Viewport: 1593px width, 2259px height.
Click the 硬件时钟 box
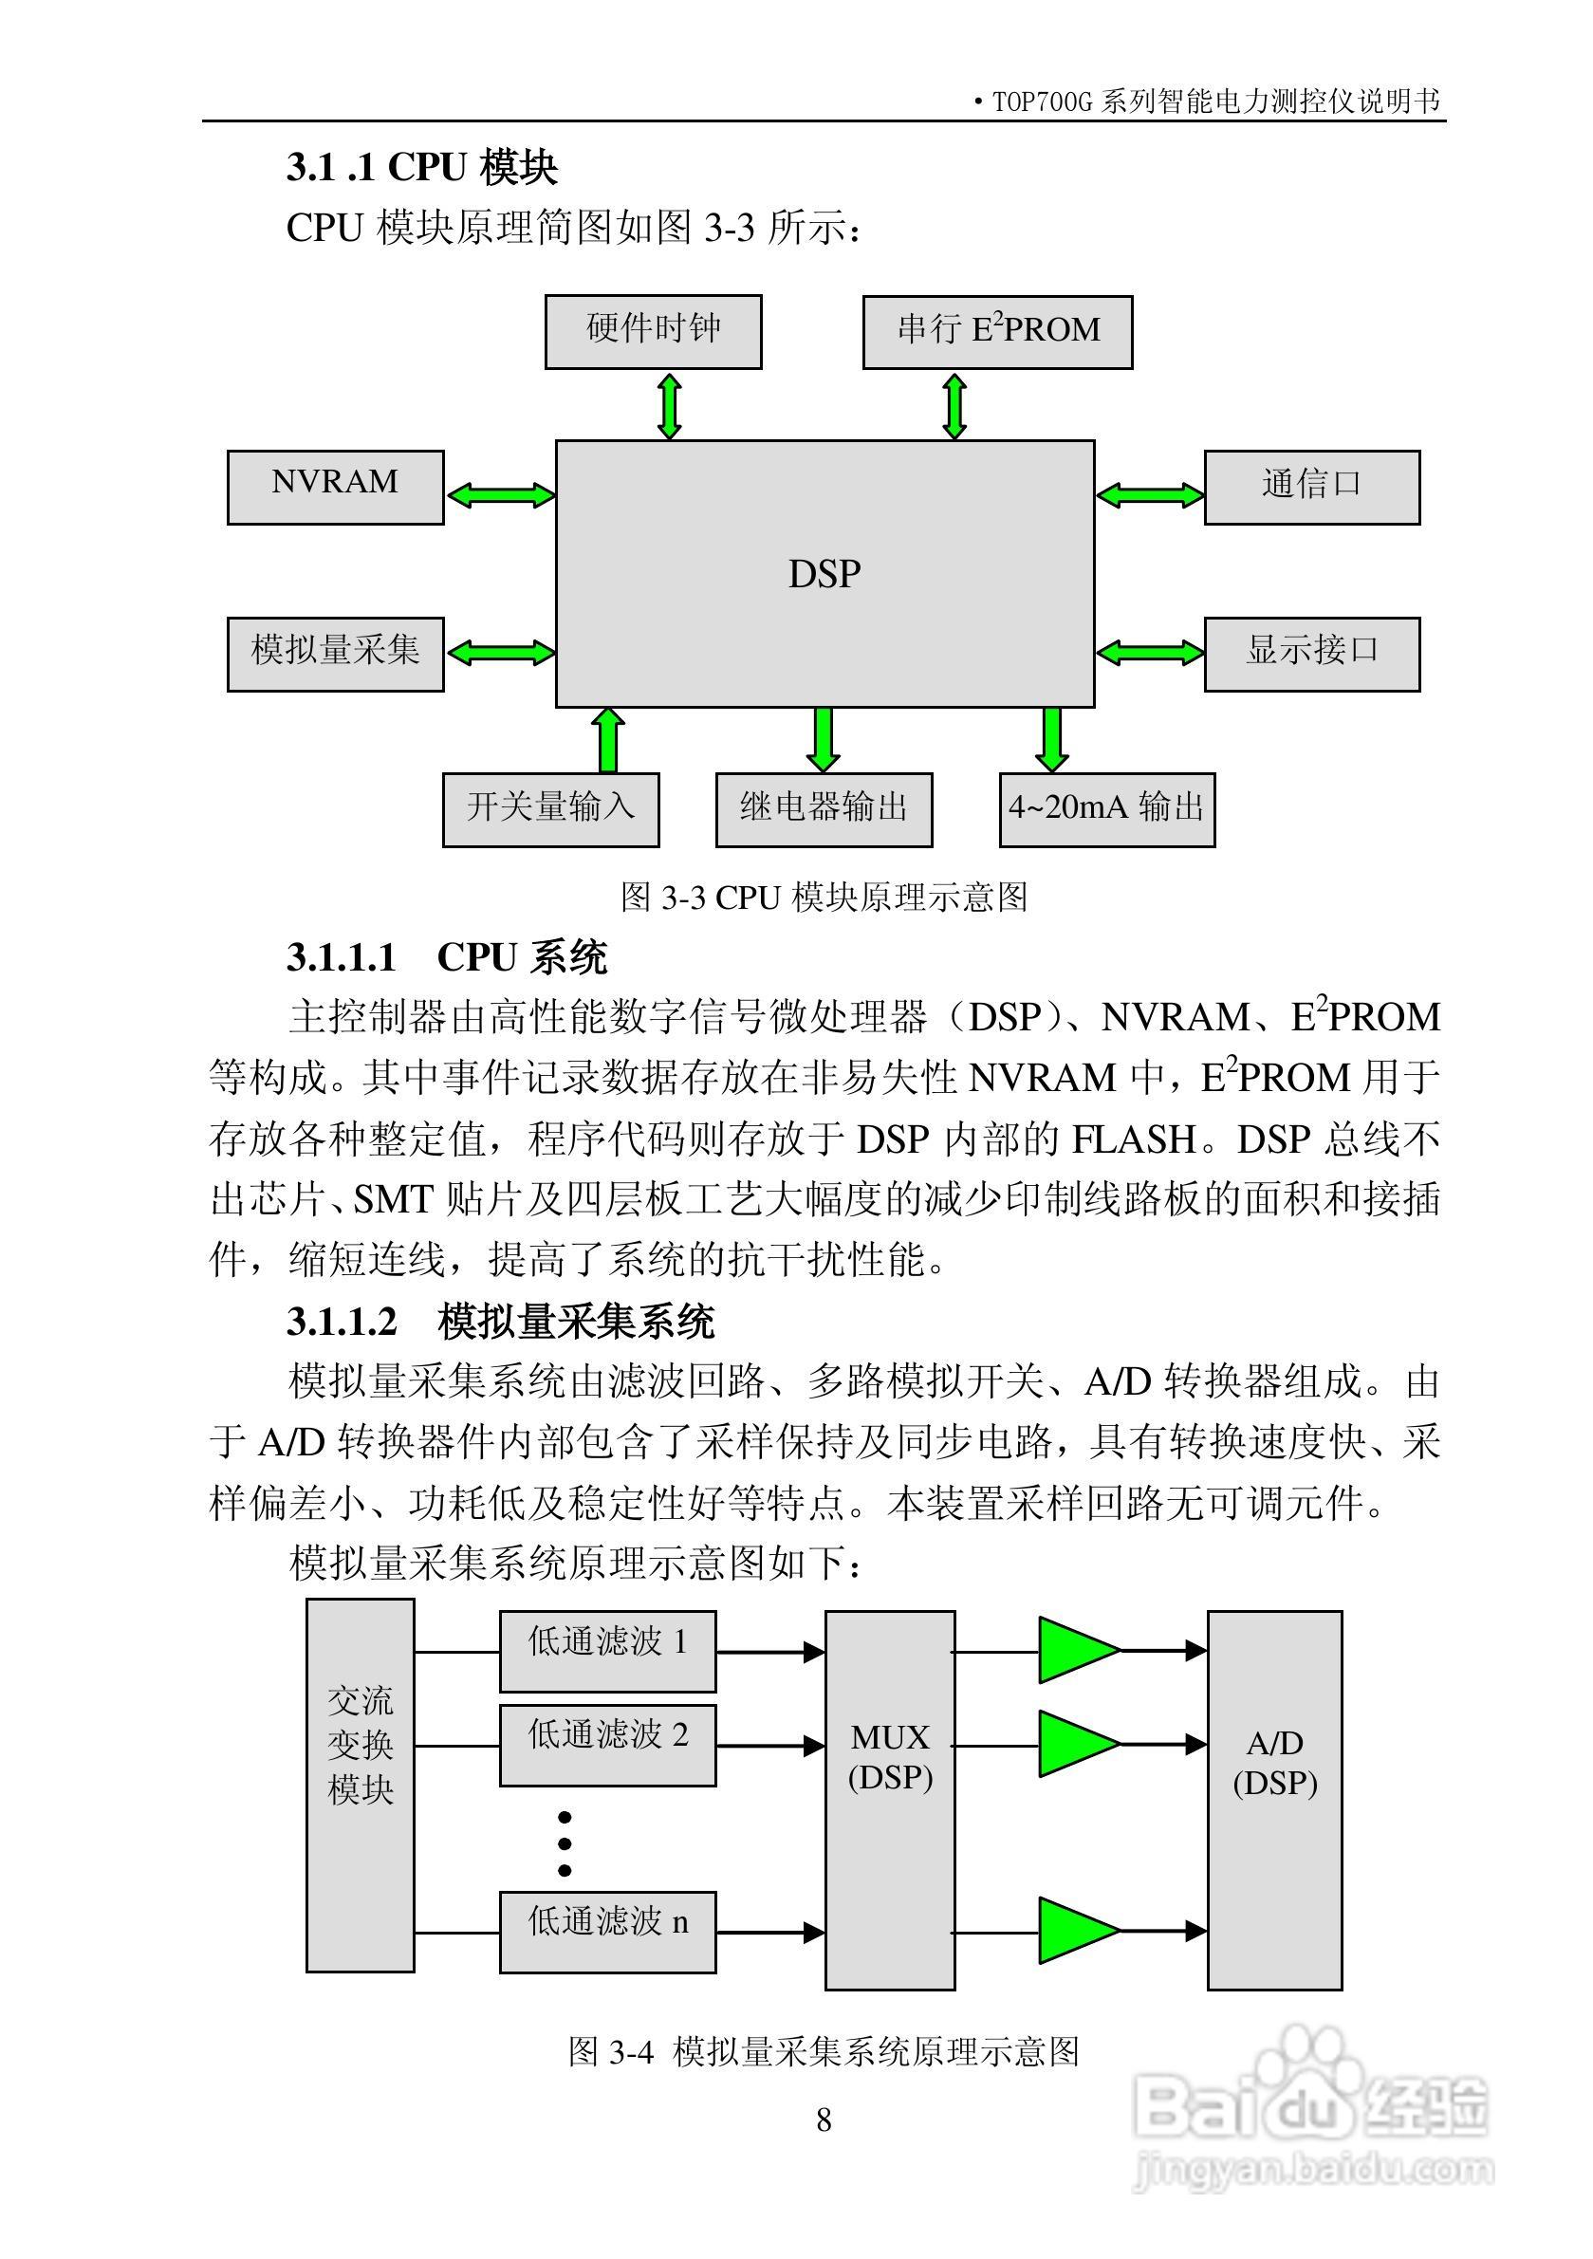click(654, 331)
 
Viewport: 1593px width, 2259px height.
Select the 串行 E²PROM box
click(997, 331)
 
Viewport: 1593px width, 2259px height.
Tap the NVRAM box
click(335, 487)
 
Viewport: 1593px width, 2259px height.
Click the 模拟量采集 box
click(335, 654)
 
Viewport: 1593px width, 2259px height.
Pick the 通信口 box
click(1311, 487)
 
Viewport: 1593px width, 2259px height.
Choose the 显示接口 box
click(1311, 654)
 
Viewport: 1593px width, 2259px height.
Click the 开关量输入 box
click(550, 808)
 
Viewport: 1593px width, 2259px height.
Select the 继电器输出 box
click(824, 808)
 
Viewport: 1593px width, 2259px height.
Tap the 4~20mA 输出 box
click(1107, 808)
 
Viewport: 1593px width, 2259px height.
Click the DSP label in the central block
click(824, 574)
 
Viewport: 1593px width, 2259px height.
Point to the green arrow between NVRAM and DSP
click(501, 494)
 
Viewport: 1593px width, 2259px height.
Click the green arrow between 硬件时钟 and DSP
click(669, 404)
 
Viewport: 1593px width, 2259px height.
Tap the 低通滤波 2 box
click(607, 1745)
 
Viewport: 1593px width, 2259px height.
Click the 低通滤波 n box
click(607, 1932)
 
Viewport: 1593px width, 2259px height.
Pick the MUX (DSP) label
click(890, 1756)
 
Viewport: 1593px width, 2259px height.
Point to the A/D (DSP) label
click(1274, 1762)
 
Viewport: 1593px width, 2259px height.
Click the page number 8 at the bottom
click(824, 2120)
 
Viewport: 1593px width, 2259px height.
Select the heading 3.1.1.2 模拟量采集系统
click(500, 1322)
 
